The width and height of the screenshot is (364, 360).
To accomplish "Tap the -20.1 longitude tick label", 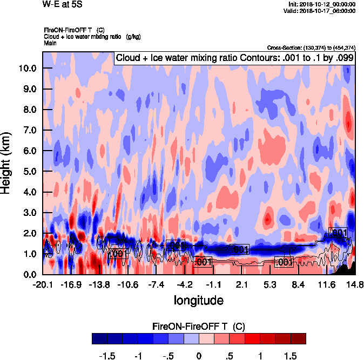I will (x=43, y=284).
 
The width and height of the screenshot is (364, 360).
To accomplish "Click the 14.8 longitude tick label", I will (x=354, y=284).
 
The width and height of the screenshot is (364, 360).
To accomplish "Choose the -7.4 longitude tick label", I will (x=156, y=284).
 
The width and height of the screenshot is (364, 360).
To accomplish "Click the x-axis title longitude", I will (x=198, y=299).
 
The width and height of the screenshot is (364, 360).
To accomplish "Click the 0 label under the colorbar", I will (x=199, y=356).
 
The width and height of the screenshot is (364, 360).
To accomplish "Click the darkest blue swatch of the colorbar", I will (x=99, y=338).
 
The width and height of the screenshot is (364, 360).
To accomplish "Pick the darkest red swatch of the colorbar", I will (x=298, y=338).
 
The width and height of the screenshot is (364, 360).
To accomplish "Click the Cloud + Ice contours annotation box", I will (x=234, y=57).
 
